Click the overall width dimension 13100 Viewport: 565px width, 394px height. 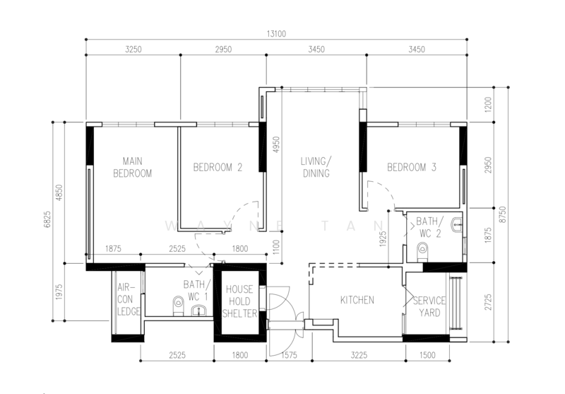(276, 33)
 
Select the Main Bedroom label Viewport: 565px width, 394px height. (132, 167)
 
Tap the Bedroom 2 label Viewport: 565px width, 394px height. (218, 168)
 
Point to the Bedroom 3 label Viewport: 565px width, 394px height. (412, 168)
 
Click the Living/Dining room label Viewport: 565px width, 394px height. (316, 167)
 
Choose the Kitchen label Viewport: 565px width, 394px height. (357, 300)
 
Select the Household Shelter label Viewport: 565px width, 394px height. (240, 301)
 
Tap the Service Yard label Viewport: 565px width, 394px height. (429, 306)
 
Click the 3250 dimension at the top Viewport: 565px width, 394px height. (133, 50)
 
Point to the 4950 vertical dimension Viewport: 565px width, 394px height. (278, 145)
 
